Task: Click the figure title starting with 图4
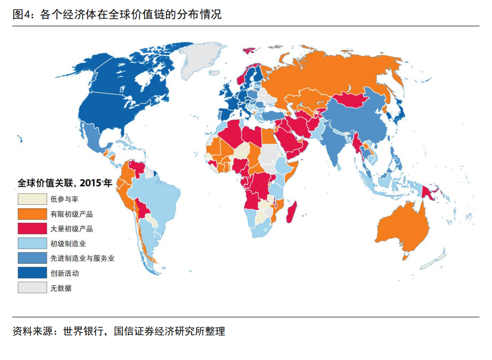click(x=117, y=14)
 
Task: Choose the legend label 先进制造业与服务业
click(x=82, y=258)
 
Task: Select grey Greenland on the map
click(x=203, y=58)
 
